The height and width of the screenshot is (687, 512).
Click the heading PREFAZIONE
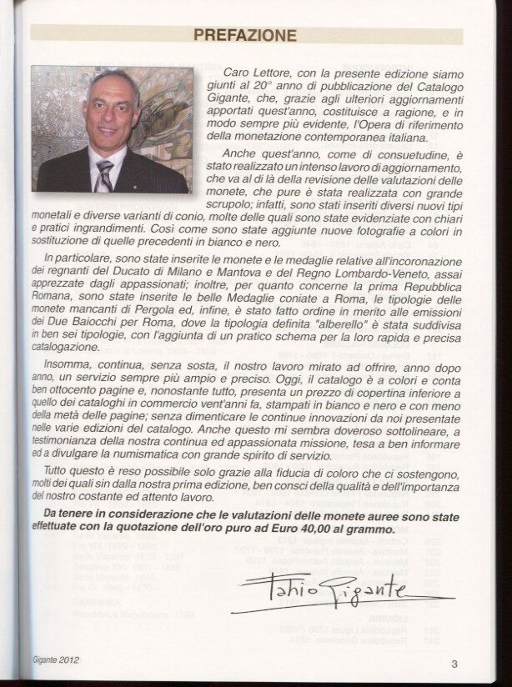tap(245, 35)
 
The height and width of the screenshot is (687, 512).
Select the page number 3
tap(455, 664)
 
